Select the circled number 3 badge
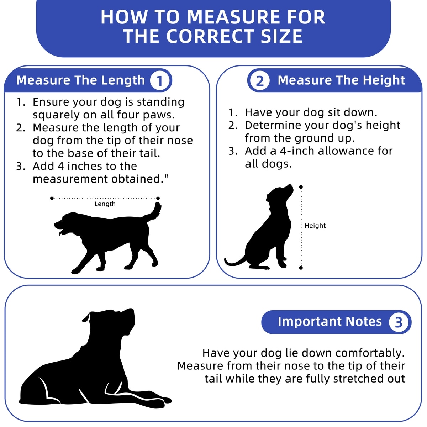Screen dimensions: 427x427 tap(399, 322)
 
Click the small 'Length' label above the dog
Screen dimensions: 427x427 tap(105, 204)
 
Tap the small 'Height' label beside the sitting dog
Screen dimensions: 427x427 tap(315, 226)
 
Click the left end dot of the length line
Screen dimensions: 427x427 tap(52, 198)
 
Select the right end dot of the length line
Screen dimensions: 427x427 tap(158, 198)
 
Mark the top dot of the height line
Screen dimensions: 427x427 tap(301, 187)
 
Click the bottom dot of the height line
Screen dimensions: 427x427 tap(301, 268)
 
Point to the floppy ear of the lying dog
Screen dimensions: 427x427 tap(87, 317)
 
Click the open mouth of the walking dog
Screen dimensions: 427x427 tap(60, 231)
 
